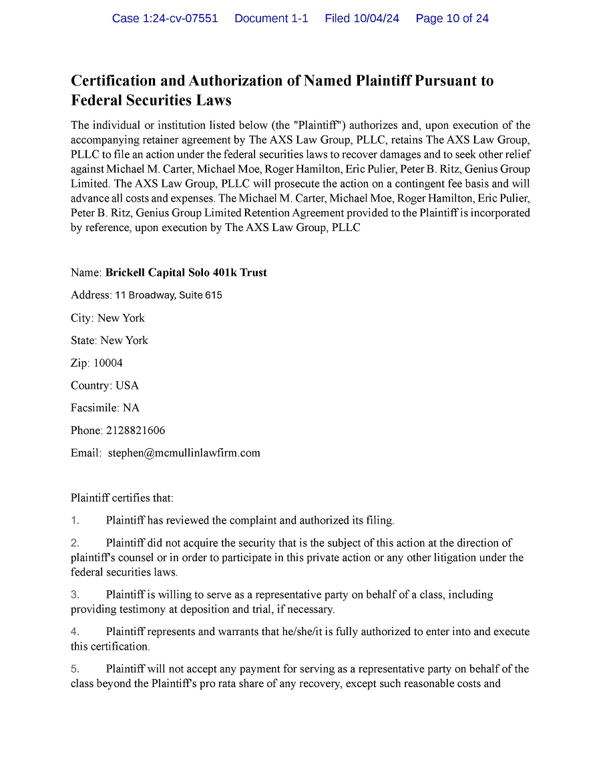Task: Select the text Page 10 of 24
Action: coord(452,19)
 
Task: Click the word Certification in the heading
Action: coord(117,81)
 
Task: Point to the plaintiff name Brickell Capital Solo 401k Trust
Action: coord(186,272)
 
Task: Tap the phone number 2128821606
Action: coord(136,431)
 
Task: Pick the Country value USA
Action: coord(127,386)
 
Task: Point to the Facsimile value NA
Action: coord(131,408)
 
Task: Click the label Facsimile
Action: coord(94,408)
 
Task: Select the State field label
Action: coord(83,341)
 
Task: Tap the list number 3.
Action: coord(75,594)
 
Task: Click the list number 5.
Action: coord(75,669)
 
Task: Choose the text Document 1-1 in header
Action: coord(271,19)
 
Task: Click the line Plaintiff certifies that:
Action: coord(122,498)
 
